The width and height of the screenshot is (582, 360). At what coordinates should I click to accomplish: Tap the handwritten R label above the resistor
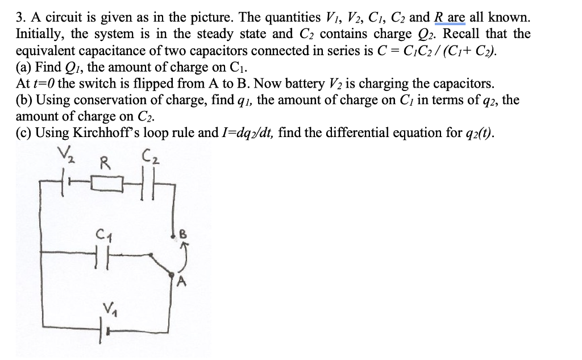(105, 163)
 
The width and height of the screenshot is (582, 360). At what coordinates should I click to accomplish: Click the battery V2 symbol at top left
(65, 182)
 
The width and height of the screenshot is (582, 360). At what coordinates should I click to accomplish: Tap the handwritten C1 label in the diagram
(105, 235)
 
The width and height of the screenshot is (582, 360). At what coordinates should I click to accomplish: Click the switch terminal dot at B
(173, 236)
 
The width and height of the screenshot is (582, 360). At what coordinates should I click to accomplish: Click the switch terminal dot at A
(172, 275)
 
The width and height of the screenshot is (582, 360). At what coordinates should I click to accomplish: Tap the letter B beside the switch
(184, 234)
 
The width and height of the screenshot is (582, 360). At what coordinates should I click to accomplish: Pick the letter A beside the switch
(181, 282)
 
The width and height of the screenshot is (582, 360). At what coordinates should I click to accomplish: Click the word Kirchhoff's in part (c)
(106, 133)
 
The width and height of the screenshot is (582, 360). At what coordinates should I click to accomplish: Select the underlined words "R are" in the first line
(450, 18)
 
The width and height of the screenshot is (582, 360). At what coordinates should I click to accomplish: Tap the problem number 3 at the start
(19, 18)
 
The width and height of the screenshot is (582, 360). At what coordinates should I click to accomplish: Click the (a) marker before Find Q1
(23, 67)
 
